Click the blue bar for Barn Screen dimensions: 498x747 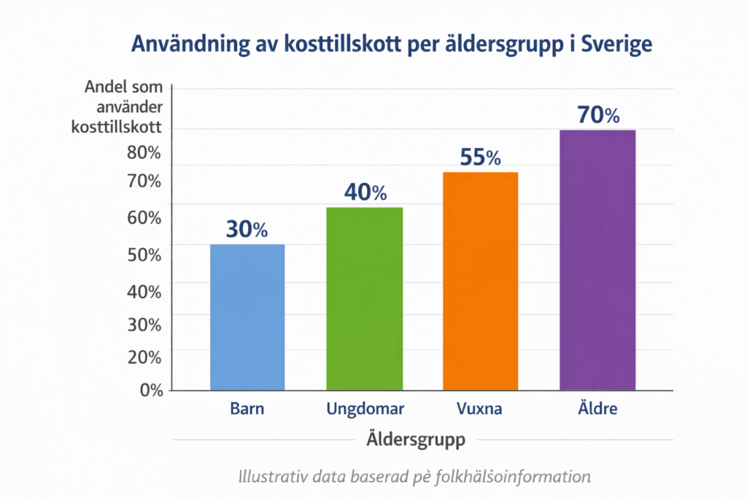247,317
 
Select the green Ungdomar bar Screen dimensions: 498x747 364,299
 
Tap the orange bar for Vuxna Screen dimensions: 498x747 480,281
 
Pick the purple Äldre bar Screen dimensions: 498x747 597,260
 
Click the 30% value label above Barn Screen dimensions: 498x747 247,230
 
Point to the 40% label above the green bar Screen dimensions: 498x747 365,193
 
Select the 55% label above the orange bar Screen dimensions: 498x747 480,157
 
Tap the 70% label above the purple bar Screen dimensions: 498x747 597,115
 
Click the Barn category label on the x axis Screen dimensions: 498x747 247,408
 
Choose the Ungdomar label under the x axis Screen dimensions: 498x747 364,408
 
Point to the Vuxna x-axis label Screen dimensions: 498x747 480,408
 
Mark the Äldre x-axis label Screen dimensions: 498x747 597,408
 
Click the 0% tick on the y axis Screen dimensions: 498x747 152,390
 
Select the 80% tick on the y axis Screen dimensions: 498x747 144,153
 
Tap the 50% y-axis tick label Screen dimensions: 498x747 144,255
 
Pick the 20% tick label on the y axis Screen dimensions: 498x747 144,357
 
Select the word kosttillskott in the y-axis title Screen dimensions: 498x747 117,127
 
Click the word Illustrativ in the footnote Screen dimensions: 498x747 274,478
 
